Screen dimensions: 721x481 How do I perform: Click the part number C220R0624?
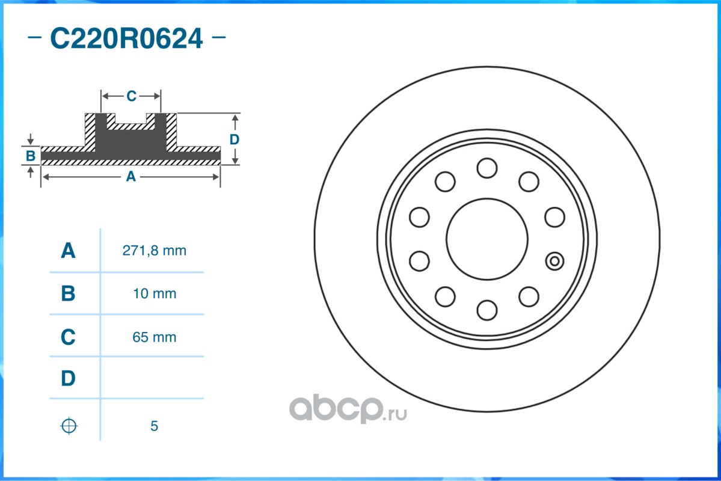pyautogui.click(x=126, y=38)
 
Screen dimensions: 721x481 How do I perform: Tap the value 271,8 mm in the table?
pyautogui.click(x=154, y=251)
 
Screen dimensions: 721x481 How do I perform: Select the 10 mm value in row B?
pyautogui.click(x=155, y=293)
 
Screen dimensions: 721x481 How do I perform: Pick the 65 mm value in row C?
pyautogui.click(x=155, y=337)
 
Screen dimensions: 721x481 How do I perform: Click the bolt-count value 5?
pyautogui.click(x=154, y=426)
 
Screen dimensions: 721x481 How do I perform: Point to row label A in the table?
pyautogui.click(x=68, y=251)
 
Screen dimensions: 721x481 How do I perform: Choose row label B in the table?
pyautogui.click(x=68, y=293)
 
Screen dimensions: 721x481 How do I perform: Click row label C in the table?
pyautogui.click(x=68, y=337)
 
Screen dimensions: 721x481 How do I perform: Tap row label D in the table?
pyautogui.click(x=68, y=378)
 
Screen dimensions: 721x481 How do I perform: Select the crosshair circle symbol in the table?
pyautogui.click(x=69, y=426)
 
